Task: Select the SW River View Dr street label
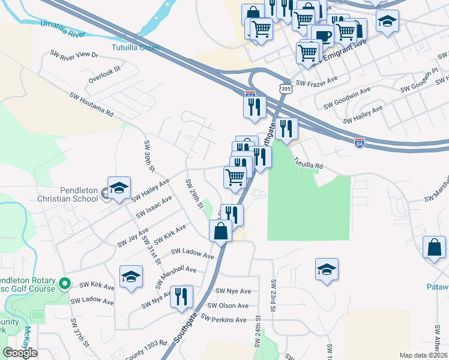pos(74,54)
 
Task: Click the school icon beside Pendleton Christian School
pos(119,187)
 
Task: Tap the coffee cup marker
pos(322,36)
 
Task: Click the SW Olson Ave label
pos(228,305)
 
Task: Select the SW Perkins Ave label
pos(224,320)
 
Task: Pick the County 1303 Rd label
pos(146,351)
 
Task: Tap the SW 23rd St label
pos(274,295)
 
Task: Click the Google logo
pos(20,352)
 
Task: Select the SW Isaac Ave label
pos(154,206)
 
